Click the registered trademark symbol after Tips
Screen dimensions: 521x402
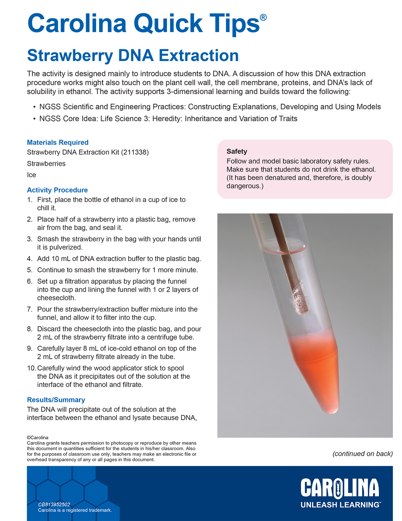(263, 17)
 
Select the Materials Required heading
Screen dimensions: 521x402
(58, 143)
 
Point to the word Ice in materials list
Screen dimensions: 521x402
(31, 175)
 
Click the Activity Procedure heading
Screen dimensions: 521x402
(57, 190)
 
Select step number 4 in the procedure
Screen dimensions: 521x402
(30, 259)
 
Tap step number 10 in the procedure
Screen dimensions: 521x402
(31, 368)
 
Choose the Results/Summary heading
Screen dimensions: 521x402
(56, 400)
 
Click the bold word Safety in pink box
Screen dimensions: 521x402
(237, 152)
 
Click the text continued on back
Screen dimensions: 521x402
(362, 454)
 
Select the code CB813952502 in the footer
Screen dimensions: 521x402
(54, 505)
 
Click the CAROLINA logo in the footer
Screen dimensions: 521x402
(340, 488)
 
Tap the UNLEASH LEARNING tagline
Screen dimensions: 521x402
(340, 505)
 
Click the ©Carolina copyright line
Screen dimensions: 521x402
(38, 438)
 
